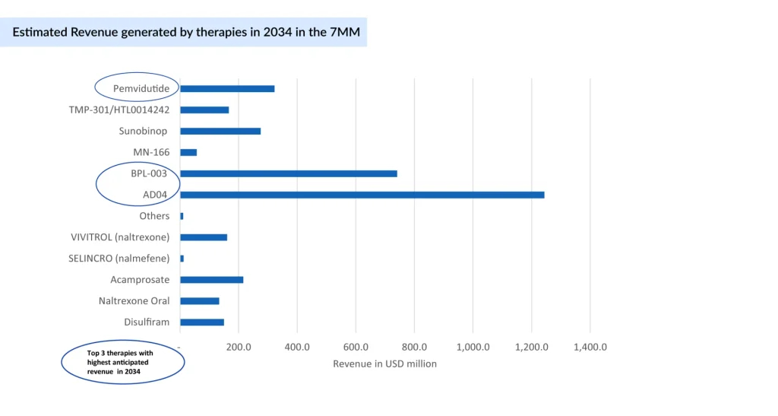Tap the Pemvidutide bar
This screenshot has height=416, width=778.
tap(227, 89)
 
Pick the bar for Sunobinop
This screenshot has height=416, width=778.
tap(220, 131)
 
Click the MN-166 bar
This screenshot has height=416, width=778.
tap(188, 152)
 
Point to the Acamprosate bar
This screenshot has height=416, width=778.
tap(211, 280)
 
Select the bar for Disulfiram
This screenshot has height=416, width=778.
tap(202, 322)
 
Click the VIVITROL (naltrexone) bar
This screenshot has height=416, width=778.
tap(204, 237)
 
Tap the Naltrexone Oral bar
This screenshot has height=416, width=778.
tap(200, 301)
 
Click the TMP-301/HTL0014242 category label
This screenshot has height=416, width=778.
tap(119, 110)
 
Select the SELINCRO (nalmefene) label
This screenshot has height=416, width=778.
tap(119, 259)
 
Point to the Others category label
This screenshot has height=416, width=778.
tap(154, 216)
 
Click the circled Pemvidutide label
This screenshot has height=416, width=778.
tap(141, 89)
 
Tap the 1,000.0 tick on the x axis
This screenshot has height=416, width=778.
tap(473, 347)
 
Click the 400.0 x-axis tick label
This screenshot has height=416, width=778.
tap(297, 347)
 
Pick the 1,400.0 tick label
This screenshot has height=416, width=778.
tap(590, 347)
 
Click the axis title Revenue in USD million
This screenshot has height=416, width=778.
tap(384, 364)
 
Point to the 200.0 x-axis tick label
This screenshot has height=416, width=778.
tap(239, 347)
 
